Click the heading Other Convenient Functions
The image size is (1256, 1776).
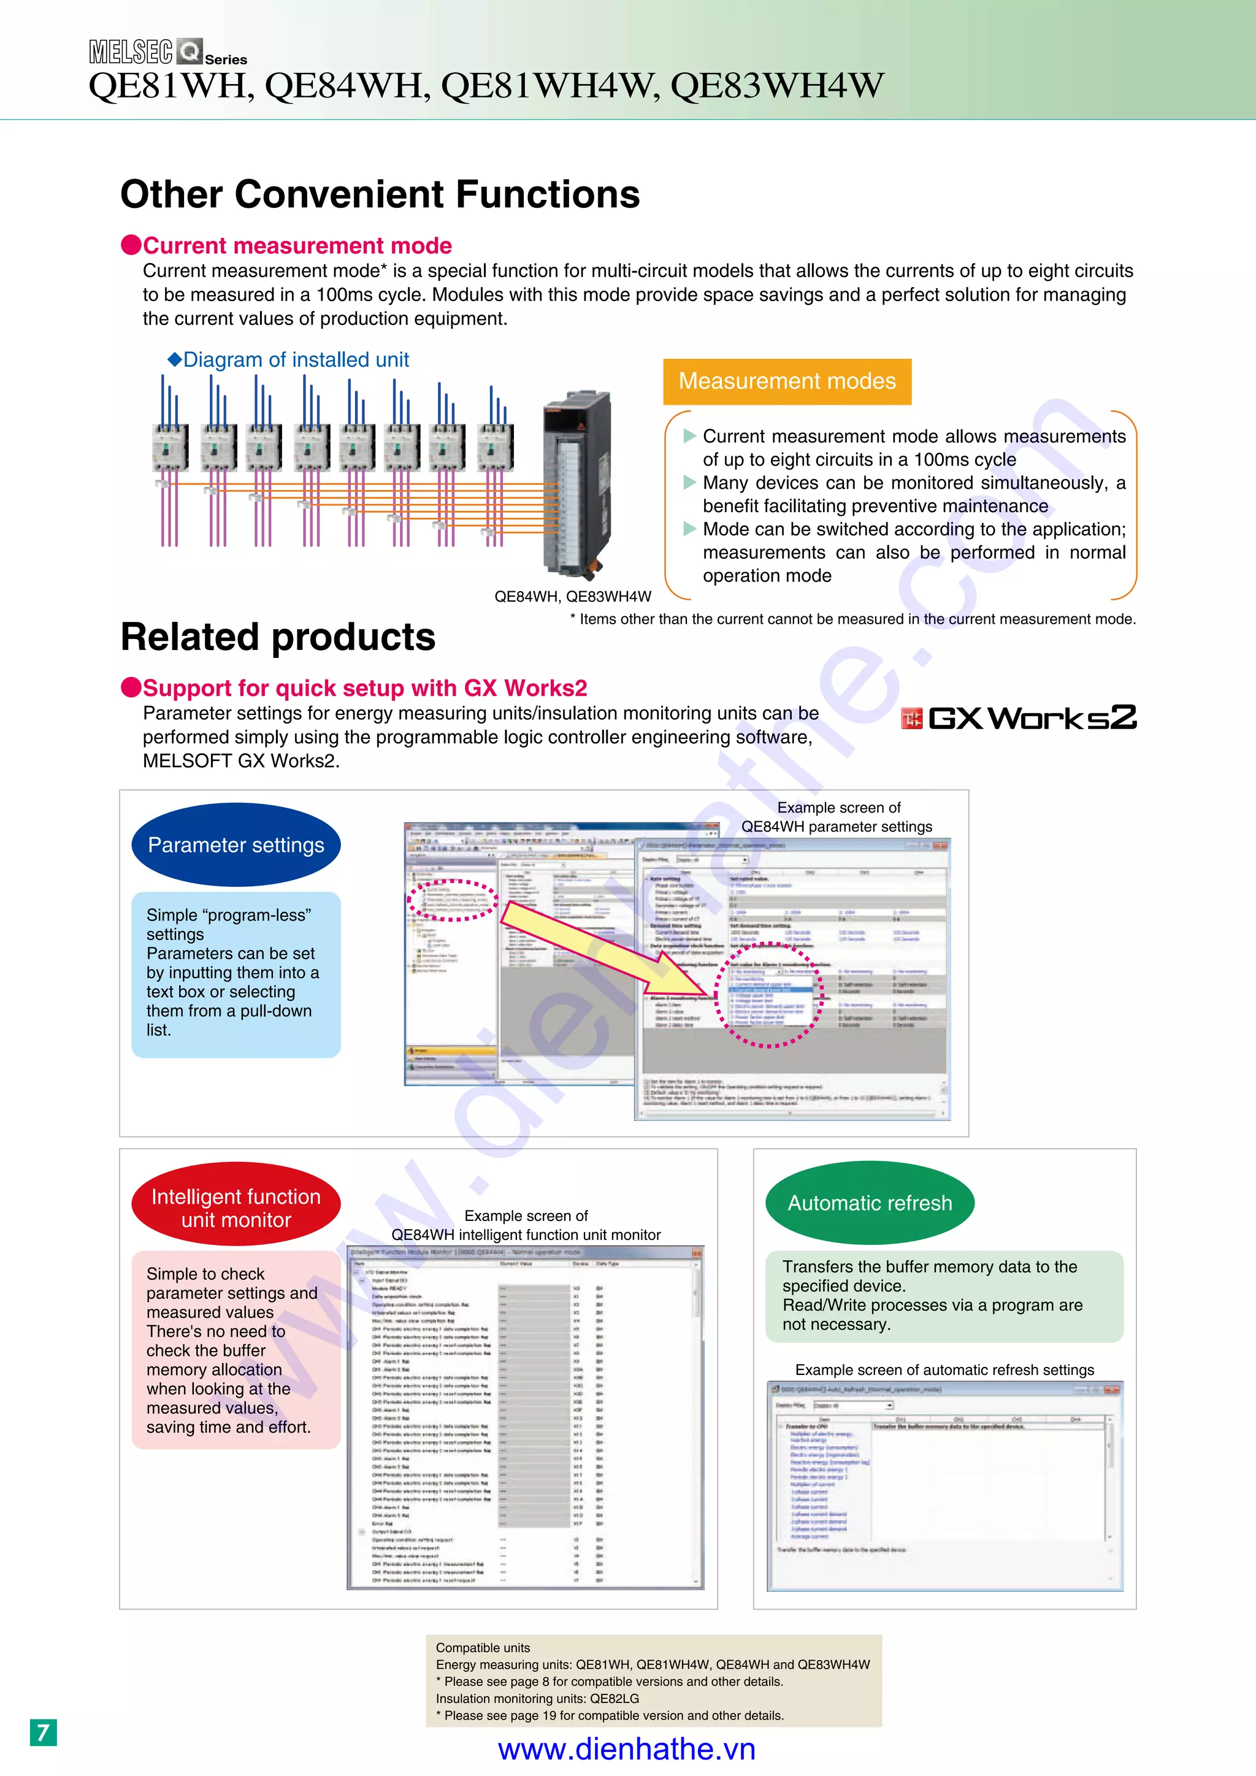380,194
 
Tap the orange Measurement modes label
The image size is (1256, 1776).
787,381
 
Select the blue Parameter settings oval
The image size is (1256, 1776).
236,844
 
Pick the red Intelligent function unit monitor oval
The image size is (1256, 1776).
236,1208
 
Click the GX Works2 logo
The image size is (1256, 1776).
1019,718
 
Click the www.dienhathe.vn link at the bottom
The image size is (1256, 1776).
626,1750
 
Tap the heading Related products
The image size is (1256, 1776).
278,637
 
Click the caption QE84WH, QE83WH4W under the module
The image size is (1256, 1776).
572,596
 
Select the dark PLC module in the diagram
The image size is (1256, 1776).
576,483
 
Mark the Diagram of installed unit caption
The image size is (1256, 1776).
288,360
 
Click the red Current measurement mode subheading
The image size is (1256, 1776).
296,246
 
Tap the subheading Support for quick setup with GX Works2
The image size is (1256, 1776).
364,689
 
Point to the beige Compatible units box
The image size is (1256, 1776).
654,1681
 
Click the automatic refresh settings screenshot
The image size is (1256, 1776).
944,1486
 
